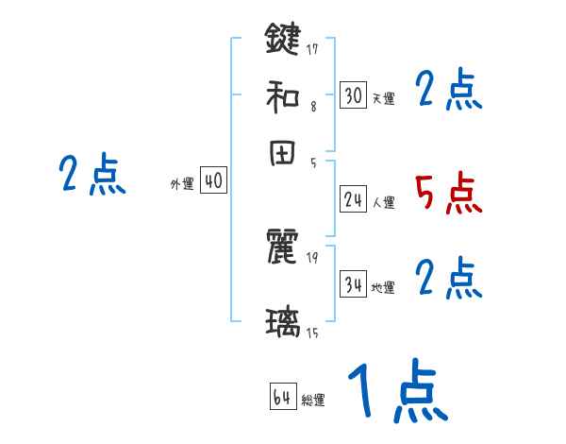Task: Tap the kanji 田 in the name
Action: (x=282, y=154)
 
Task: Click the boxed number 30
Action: (x=353, y=95)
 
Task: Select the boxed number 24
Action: (x=353, y=198)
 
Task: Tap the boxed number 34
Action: (x=353, y=284)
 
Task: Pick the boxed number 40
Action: (x=214, y=180)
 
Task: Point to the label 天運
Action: (x=383, y=98)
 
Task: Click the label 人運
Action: (x=383, y=201)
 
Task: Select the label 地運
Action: (x=383, y=287)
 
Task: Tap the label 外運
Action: (x=182, y=184)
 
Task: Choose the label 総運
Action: (x=313, y=401)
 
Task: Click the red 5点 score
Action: (x=448, y=194)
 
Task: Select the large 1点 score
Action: (x=396, y=391)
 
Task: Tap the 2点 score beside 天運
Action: (x=448, y=92)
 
